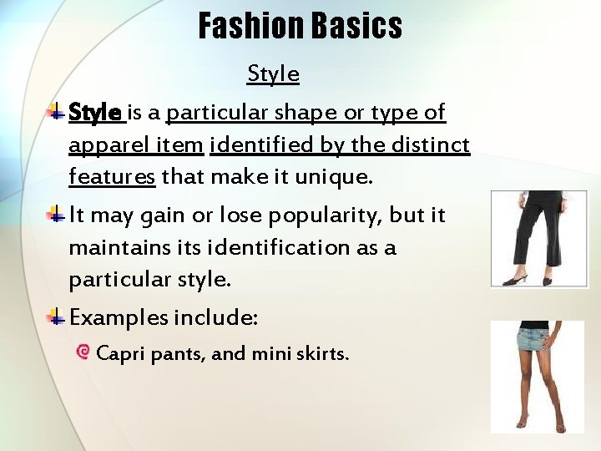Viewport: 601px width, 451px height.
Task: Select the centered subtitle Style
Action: (273, 74)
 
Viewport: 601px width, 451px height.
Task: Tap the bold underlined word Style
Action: (95, 112)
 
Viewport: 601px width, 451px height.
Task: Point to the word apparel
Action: (103, 145)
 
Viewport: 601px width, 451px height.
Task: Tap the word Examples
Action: (119, 318)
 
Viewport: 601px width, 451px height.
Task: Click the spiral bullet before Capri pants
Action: (83, 352)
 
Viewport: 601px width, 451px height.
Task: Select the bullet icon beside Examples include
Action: (56, 317)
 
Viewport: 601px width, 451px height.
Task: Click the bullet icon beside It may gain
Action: (56, 215)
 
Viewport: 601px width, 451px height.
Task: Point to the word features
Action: (112, 177)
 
